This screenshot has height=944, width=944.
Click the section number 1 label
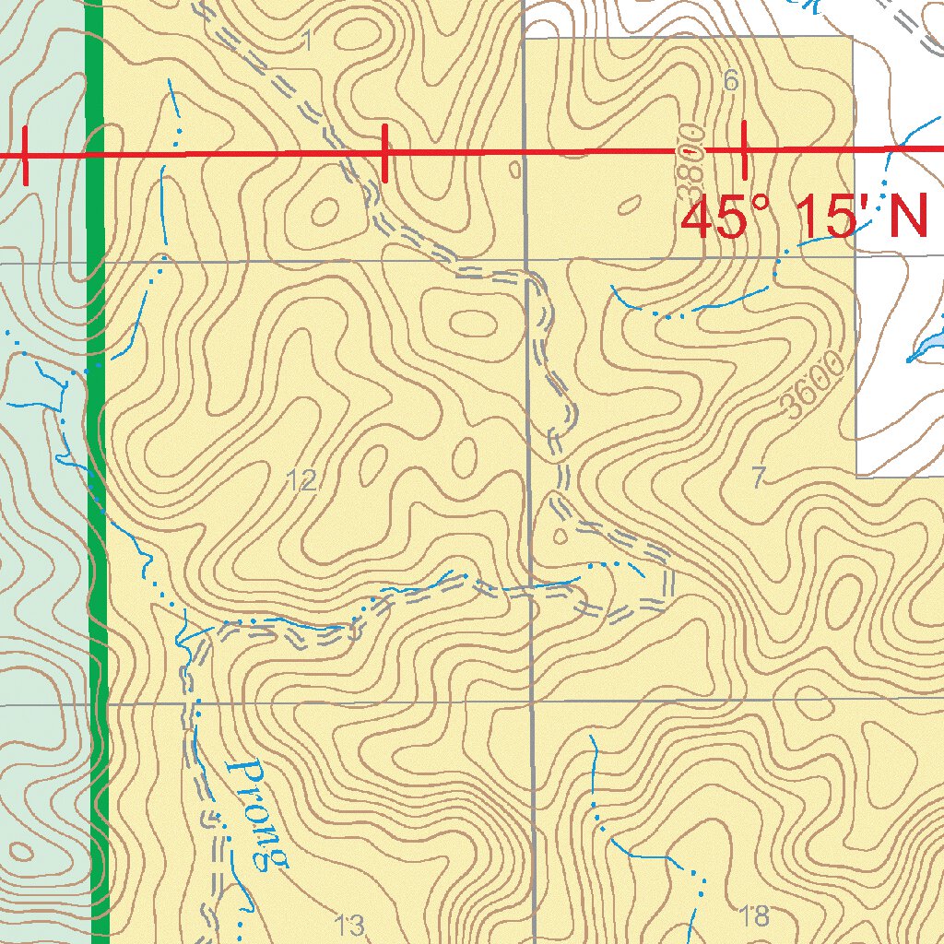308,40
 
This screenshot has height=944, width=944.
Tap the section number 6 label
731,82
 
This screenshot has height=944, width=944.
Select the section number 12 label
302,480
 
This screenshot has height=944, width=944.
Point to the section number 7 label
759,478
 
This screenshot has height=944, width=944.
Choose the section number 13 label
349,924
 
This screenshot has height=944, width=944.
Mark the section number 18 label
754,915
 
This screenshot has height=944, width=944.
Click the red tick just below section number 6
744,148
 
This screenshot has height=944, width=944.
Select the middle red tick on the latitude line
384,152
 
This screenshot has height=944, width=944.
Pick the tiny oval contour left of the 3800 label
631,205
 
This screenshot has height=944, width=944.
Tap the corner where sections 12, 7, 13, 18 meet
532,702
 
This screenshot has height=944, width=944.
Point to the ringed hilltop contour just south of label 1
325,213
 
